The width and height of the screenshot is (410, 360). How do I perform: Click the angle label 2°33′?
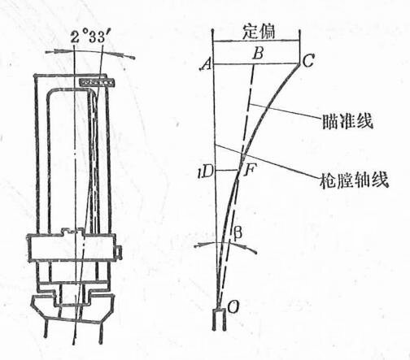click(92, 37)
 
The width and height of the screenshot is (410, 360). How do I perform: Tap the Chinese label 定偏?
click(259, 32)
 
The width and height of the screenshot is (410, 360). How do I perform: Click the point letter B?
click(258, 53)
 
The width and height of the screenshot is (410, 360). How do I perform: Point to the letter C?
click(308, 60)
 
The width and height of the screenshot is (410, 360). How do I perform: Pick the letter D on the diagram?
click(207, 171)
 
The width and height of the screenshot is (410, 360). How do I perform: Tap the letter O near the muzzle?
click(233, 307)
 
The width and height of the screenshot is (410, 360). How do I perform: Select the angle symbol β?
click(238, 232)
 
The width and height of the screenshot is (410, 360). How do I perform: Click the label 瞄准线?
click(347, 121)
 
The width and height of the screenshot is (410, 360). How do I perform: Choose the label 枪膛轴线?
click(354, 180)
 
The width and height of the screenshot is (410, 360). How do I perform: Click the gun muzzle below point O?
click(220, 320)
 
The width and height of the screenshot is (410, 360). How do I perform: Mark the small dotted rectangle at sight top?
click(97, 82)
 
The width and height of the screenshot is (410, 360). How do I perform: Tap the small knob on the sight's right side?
click(118, 252)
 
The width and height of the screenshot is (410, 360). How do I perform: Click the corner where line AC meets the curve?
click(299, 64)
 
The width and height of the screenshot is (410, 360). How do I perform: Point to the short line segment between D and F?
click(228, 171)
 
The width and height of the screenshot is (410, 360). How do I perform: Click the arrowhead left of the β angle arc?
click(198, 245)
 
